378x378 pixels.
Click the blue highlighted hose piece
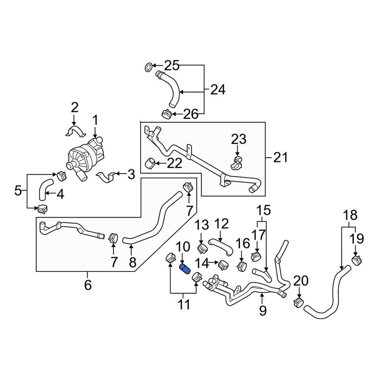(x=186, y=271)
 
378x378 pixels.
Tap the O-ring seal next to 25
(x=149, y=67)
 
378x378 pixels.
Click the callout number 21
(x=280, y=157)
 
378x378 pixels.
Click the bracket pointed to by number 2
(x=74, y=132)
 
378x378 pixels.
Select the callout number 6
(x=88, y=285)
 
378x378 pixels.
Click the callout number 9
(x=263, y=311)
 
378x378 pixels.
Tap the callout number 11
(x=184, y=304)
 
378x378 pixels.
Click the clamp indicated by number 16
(x=240, y=266)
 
